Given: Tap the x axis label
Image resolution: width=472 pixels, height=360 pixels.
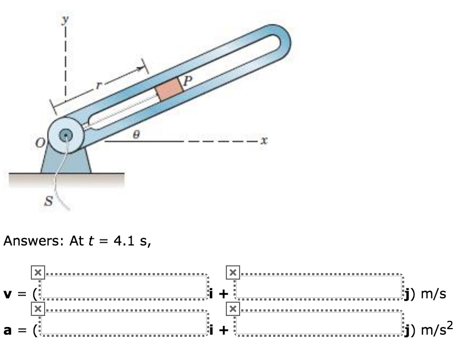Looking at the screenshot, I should (x=264, y=141).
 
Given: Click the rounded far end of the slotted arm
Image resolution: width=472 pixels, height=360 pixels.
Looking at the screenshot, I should (x=279, y=42).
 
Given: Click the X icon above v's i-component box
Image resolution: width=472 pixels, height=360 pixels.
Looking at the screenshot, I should (x=37, y=272).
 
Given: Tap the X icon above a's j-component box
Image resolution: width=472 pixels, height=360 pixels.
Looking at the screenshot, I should (x=233, y=308).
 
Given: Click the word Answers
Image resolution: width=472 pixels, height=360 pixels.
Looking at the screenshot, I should (x=34, y=242).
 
